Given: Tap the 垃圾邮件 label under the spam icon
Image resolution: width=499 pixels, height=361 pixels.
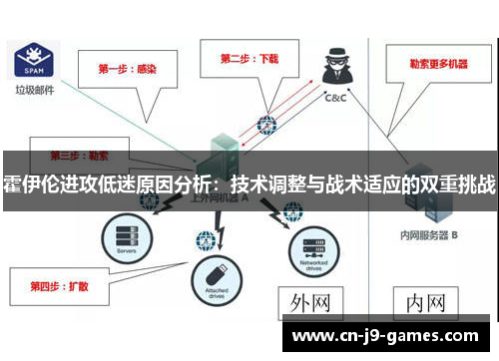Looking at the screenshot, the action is pyautogui.click(x=35, y=90).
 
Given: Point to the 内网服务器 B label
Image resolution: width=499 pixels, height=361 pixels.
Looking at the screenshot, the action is pyautogui.click(x=425, y=235).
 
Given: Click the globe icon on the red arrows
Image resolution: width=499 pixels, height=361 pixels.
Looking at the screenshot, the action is pyautogui.click(x=265, y=125).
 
